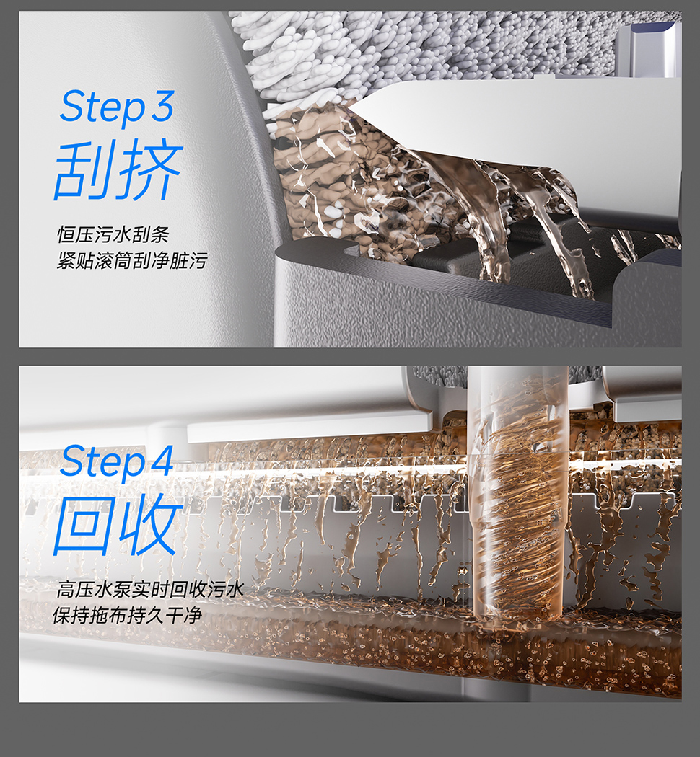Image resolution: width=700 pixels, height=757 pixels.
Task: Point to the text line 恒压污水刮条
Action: (113, 234)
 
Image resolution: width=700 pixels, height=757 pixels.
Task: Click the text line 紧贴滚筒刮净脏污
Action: (132, 261)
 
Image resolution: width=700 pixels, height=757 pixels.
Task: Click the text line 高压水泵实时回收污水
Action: (150, 590)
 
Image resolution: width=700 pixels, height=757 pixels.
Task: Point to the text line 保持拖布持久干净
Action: (127, 616)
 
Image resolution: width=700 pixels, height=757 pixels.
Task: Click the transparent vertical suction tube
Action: (517, 492)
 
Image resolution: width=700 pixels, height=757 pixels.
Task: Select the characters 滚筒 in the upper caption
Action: (113, 261)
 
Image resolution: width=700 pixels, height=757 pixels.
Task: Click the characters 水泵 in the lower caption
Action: (113, 590)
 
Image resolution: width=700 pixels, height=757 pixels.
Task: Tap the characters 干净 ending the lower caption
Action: (183, 616)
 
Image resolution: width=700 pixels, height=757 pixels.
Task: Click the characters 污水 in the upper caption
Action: (113, 234)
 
